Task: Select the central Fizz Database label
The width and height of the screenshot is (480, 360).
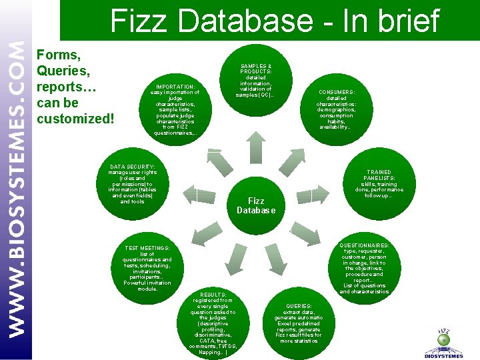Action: tap(256, 205)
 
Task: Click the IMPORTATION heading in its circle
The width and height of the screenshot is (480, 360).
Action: tap(175, 87)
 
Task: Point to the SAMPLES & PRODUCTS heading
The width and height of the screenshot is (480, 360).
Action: tap(256, 69)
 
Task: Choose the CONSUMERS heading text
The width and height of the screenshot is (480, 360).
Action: tap(337, 92)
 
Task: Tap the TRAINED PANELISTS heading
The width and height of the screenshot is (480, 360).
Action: tap(379, 175)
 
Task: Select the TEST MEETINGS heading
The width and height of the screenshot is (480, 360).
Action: tap(147, 248)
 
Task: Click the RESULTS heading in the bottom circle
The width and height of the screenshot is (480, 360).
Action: tap(213, 295)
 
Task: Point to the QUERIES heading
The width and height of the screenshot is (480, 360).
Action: tap(298, 307)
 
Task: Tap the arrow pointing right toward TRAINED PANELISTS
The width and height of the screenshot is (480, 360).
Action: tap(315, 194)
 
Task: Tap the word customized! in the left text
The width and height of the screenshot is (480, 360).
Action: tap(75, 119)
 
